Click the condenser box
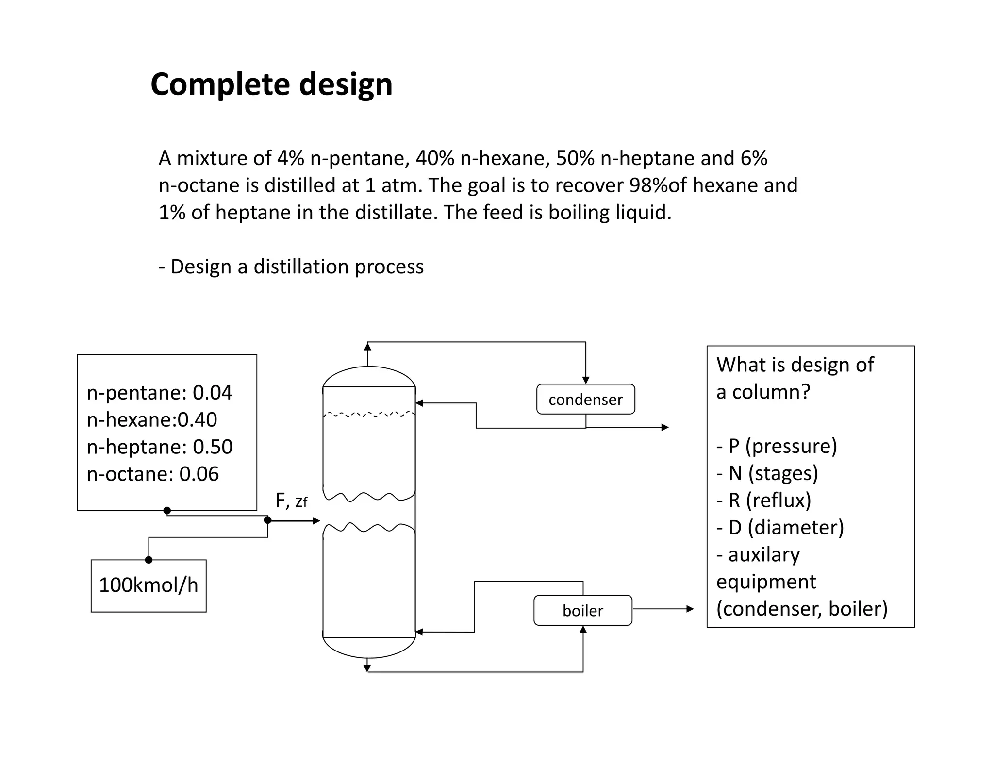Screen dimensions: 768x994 coord(585,400)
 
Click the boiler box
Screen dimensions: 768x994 coord(582,610)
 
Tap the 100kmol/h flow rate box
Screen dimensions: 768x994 coord(149,585)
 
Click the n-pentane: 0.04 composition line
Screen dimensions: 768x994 coord(159,392)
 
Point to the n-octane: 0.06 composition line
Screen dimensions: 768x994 coord(153,474)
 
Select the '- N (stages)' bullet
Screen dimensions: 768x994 coord(767,473)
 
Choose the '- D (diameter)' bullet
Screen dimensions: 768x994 coord(780,527)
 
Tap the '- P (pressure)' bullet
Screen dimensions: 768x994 coord(777,446)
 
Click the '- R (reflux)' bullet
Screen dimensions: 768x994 coord(763,500)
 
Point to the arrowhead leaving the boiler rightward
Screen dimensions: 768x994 coord(690,609)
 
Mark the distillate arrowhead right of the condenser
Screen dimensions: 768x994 coord(665,427)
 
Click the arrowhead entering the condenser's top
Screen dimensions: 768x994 coord(586,380)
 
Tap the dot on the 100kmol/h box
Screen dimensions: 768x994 coord(149,560)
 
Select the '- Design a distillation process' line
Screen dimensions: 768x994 coord(291,267)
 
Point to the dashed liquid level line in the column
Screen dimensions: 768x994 coord(369,414)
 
